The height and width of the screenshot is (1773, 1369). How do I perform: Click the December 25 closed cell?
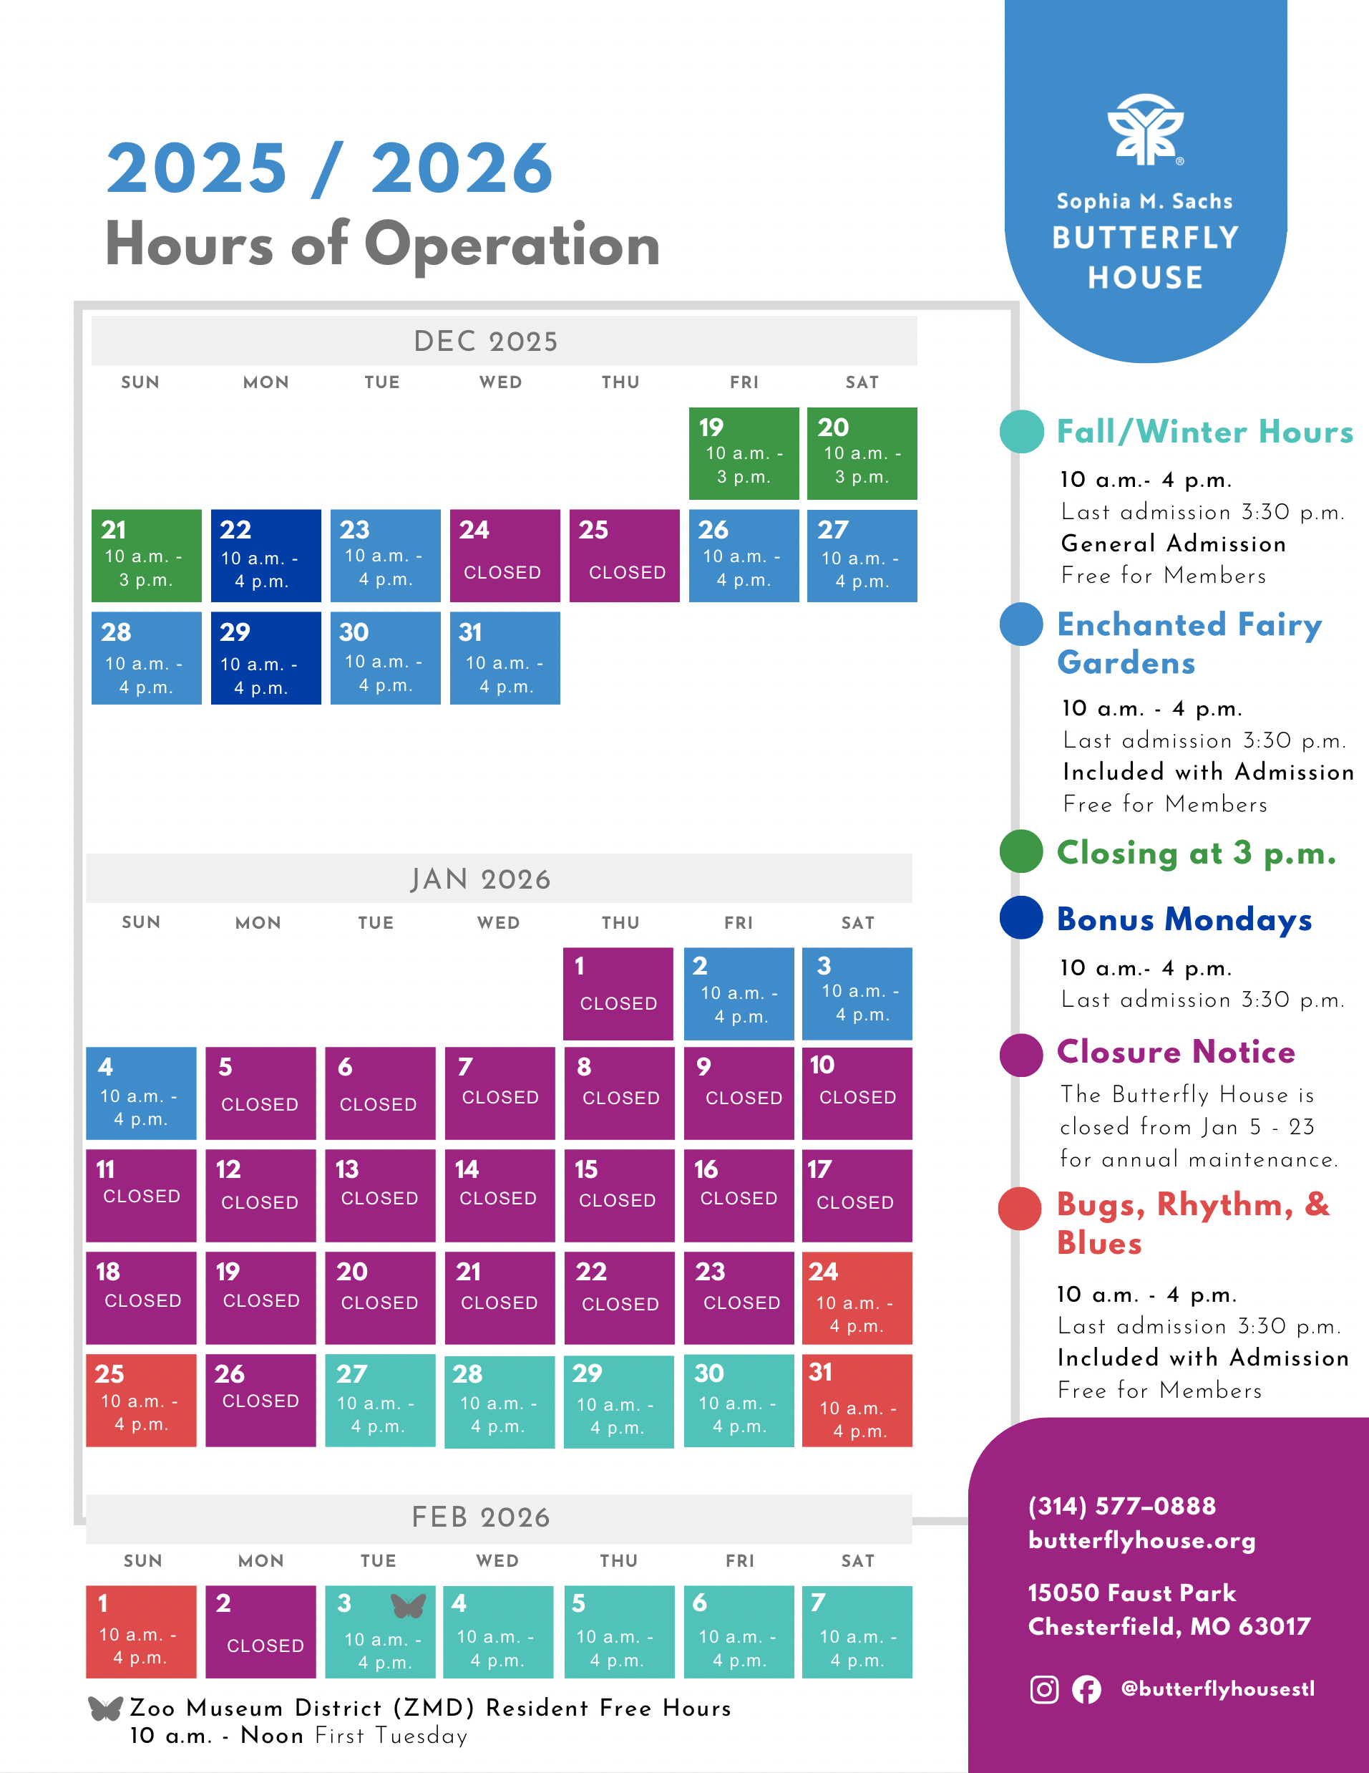pyautogui.click(x=624, y=556)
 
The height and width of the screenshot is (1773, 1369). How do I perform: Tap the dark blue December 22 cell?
pyautogui.click(x=265, y=556)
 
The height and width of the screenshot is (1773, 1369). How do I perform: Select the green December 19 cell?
pyautogui.click(x=744, y=454)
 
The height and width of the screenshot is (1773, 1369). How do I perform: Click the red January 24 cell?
pyautogui.click(x=856, y=1298)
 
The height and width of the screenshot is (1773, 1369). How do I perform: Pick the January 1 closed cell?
pyautogui.click(x=618, y=994)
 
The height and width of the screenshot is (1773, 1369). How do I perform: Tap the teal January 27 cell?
pyautogui.click(x=380, y=1401)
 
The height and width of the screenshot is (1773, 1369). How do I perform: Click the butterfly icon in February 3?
pyautogui.click(x=408, y=1605)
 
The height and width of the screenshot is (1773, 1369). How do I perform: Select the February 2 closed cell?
pyautogui.click(x=260, y=1632)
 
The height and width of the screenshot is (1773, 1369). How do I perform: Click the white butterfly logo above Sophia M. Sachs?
pyautogui.click(x=1145, y=130)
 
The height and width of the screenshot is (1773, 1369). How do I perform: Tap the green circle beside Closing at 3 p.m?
pyautogui.click(x=1021, y=851)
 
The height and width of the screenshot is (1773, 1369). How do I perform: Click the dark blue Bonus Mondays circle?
pyautogui.click(x=1021, y=917)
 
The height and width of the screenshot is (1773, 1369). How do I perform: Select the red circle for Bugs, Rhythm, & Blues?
pyautogui.click(x=1019, y=1208)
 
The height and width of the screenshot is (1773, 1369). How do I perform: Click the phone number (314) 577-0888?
pyautogui.click(x=1121, y=1506)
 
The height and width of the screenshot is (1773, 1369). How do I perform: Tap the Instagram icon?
pyautogui.click(x=1043, y=1689)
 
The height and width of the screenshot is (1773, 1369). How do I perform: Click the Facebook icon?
pyautogui.click(x=1086, y=1689)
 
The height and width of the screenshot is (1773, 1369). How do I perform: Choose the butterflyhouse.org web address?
pyautogui.click(x=1141, y=1540)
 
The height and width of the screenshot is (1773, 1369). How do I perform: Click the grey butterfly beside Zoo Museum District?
pyautogui.click(x=105, y=1708)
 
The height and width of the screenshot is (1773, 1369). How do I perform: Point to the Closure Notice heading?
pyautogui.click(x=1175, y=1051)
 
